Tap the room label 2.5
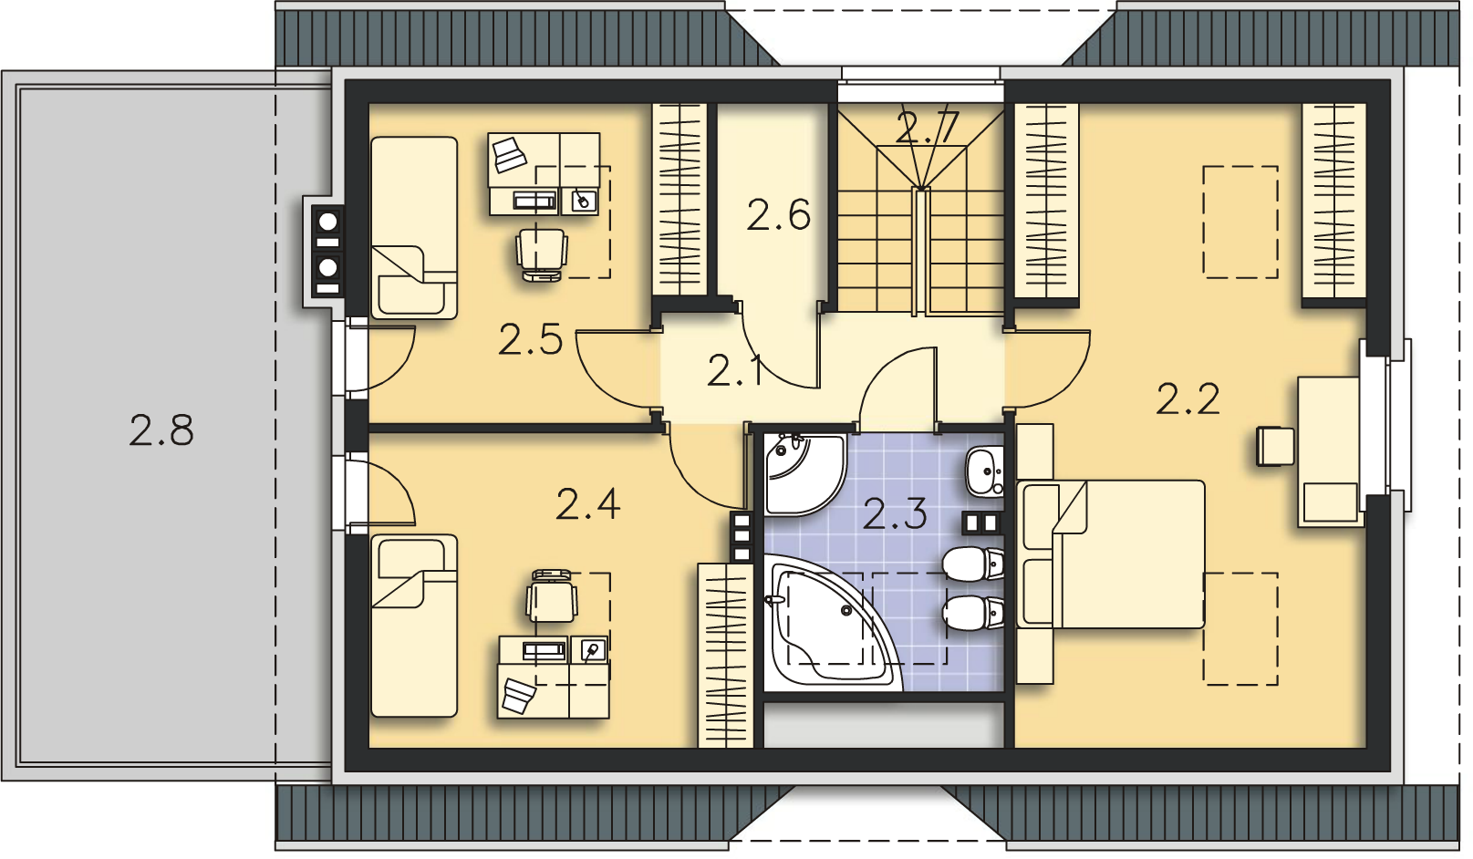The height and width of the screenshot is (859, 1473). point(530,339)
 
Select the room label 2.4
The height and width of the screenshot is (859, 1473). point(588,504)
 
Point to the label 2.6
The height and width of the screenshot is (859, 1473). point(779,214)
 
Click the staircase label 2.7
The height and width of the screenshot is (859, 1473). point(928,128)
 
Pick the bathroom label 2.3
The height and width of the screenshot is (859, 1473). point(895,513)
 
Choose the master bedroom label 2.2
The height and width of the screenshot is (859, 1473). point(1188,398)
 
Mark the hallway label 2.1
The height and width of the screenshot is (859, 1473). point(734,370)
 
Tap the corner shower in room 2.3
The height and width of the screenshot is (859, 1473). point(804,474)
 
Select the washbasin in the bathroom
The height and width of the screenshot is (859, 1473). point(984,471)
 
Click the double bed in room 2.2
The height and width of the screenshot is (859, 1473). point(1111,554)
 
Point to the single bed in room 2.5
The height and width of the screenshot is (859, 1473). point(414,228)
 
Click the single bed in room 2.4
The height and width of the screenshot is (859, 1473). point(414,626)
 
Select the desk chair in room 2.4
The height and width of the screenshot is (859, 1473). point(552,596)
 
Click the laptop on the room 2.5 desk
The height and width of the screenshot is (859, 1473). point(509,155)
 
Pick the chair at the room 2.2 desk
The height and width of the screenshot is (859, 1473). point(1275,446)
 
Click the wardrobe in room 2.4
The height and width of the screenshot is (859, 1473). point(725,656)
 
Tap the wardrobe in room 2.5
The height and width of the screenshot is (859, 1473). point(679,200)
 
